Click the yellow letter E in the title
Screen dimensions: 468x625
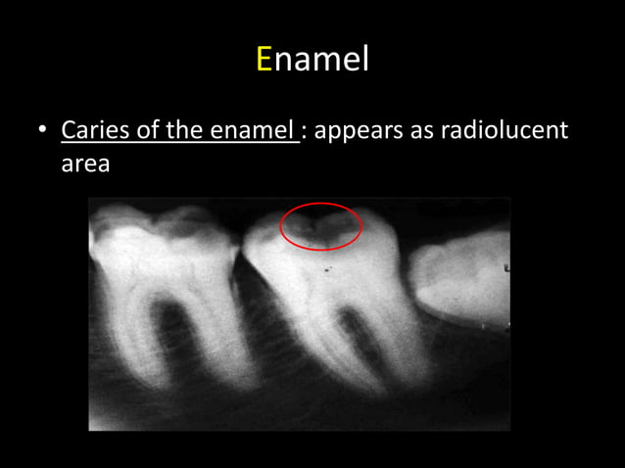click(264, 60)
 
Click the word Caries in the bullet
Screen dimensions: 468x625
click(90, 130)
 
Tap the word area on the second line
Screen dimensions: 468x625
click(84, 164)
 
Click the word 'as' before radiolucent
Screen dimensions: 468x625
click(422, 130)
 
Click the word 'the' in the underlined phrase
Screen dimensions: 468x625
click(185, 130)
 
